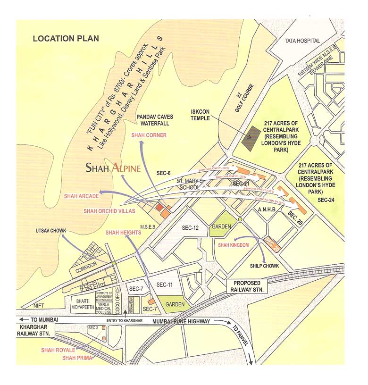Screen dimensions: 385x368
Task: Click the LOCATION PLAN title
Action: click(61, 39)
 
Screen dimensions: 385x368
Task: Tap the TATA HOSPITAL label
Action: click(302, 41)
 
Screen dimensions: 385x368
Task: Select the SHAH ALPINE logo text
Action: click(113, 167)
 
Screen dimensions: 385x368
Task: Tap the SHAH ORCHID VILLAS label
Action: click(109, 210)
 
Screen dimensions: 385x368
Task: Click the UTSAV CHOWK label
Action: click(51, 231)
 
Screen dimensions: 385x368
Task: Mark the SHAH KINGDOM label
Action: click(233, 245)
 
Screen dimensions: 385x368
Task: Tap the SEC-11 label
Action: click(166, 285)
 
